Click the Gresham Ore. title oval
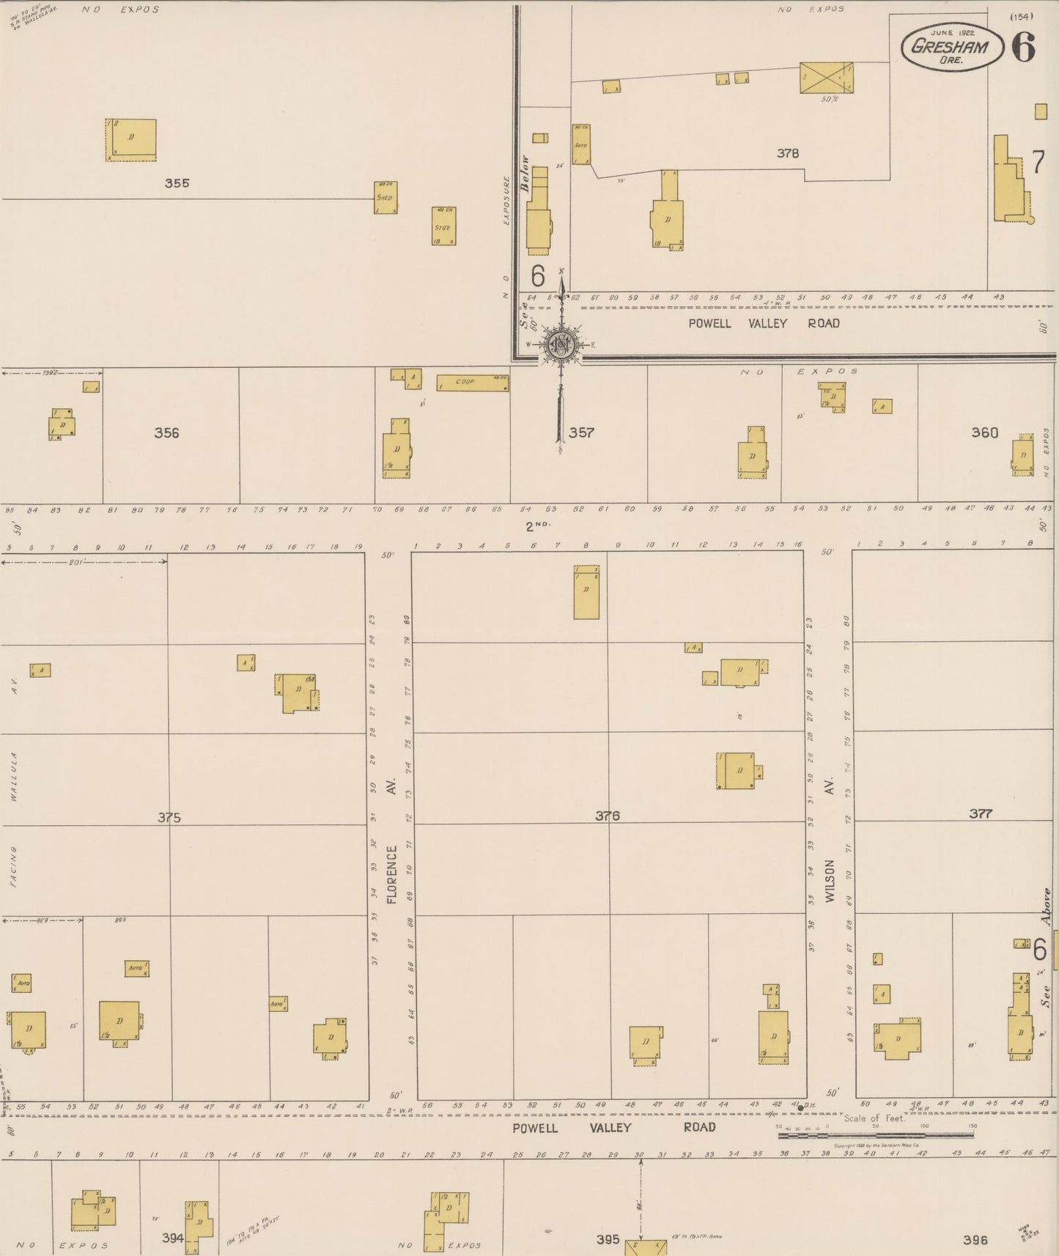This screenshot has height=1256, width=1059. (949, 48)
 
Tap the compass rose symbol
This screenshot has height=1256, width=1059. (561, 344)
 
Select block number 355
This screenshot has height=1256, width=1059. (177, 183)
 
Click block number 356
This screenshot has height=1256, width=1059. (166, 433)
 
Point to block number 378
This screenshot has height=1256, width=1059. (788, 153)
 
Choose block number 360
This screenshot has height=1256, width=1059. (984, 432)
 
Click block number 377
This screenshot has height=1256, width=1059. (980, 813)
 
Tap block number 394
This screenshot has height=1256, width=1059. (173, 1238)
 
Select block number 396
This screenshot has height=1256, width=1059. (975, 1240)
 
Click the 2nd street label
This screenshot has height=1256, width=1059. (538, 525)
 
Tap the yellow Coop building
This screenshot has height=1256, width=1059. (473, 383)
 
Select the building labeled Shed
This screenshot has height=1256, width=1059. (385, 197)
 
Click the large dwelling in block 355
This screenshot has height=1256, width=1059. (131, 139)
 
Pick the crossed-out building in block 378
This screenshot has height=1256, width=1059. (826, 78)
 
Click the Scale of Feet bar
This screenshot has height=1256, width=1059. (876, 1135)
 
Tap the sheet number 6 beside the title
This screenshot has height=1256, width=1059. (1023, 47)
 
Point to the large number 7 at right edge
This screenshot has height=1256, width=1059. (1038, 162)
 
